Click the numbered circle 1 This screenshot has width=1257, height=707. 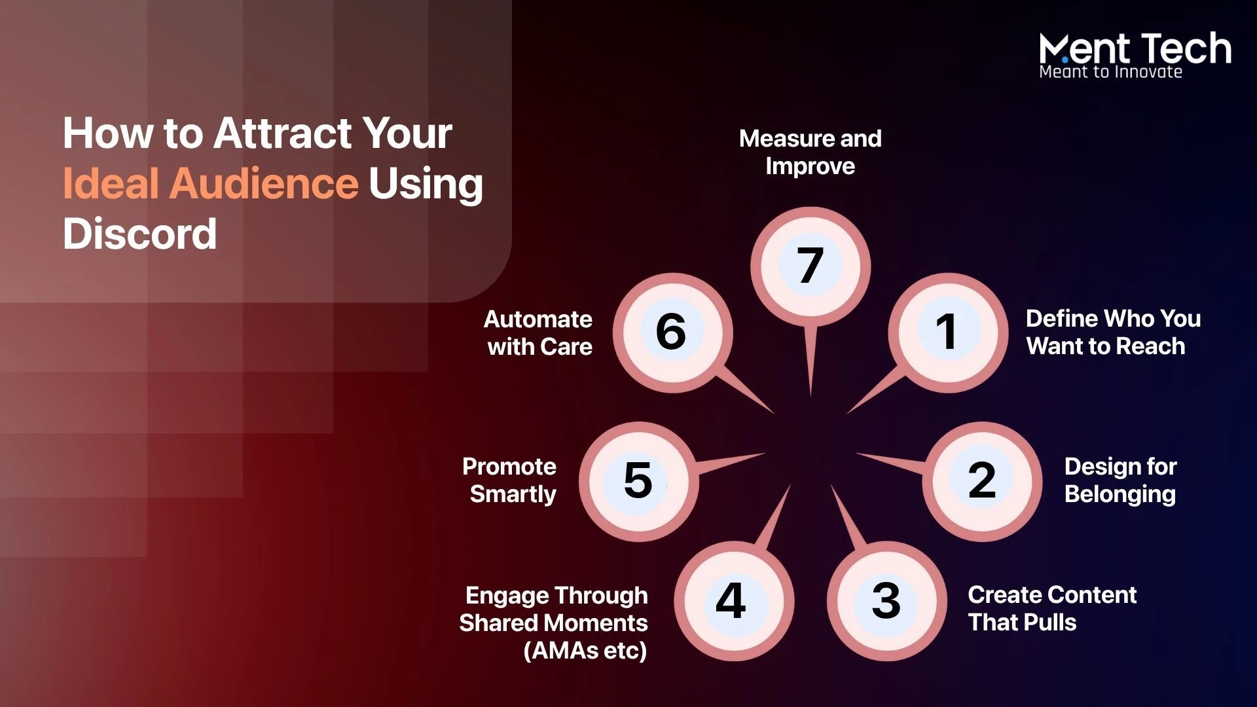[x=948, y=333]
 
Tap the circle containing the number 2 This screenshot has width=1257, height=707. [x=982, y=481]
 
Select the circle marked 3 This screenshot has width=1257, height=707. [x=886, y=601]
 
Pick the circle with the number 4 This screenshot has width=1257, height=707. [x=734, y=601]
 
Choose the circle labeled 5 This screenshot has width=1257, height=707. [x=638, y=481]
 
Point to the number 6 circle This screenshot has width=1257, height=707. [x=672, y=333]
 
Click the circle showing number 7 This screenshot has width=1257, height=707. [x=811, y=266]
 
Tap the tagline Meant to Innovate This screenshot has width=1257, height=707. [x=1111, y=72]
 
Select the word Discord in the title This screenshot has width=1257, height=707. [x=139, y=234]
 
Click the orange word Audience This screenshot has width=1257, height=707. [x=264, y=183]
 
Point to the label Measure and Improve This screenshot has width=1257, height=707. [x=811, y=152]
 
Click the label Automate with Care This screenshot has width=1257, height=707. [x=538, y=333]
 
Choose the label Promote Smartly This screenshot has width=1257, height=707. [x=509, y=480]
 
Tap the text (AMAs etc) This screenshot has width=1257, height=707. [x=585, y=651]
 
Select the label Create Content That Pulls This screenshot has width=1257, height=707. [x=1052, y=608]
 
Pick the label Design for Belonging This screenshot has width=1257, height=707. [x=1120, y=480]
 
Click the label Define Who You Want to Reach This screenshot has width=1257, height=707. [x=1113, y=332]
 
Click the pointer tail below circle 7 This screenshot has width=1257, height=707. [x=811, y=360]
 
